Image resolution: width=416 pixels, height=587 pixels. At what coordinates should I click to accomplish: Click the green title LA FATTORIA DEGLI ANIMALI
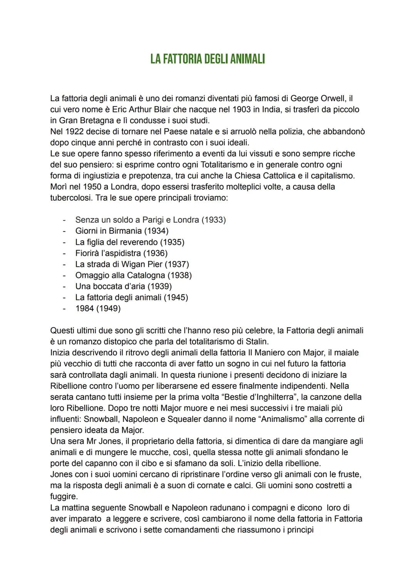[208, 59]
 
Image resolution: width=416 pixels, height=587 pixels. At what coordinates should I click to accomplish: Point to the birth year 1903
[241, 109]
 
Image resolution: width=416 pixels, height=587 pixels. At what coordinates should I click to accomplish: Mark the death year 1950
[93, 187]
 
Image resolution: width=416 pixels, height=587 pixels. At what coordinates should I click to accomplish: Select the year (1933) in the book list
[214, 220]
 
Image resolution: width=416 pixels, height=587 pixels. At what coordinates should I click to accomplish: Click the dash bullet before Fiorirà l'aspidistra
[65, 253]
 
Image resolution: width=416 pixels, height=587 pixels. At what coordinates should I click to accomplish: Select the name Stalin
[257, 342]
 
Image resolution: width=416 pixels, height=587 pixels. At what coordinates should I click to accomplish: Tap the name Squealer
[182, 419]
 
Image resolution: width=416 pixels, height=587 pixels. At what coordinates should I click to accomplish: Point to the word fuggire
[64, 497]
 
